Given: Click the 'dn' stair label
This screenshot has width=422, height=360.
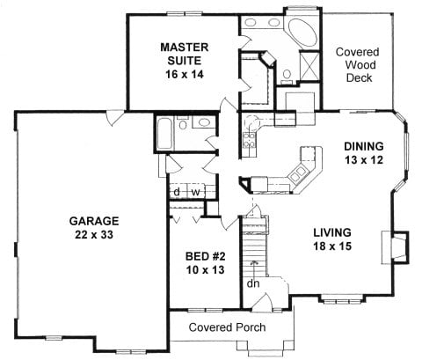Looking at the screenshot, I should [x=252, y=283].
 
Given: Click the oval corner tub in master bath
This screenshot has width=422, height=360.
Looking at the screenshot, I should [x=304, y=34].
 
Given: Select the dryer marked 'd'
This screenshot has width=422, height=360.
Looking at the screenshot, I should [x=177, y=191].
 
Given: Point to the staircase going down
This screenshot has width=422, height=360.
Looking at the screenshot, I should [x=252, y=251].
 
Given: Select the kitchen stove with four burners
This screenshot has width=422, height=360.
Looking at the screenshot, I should [x=250, y=134].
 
